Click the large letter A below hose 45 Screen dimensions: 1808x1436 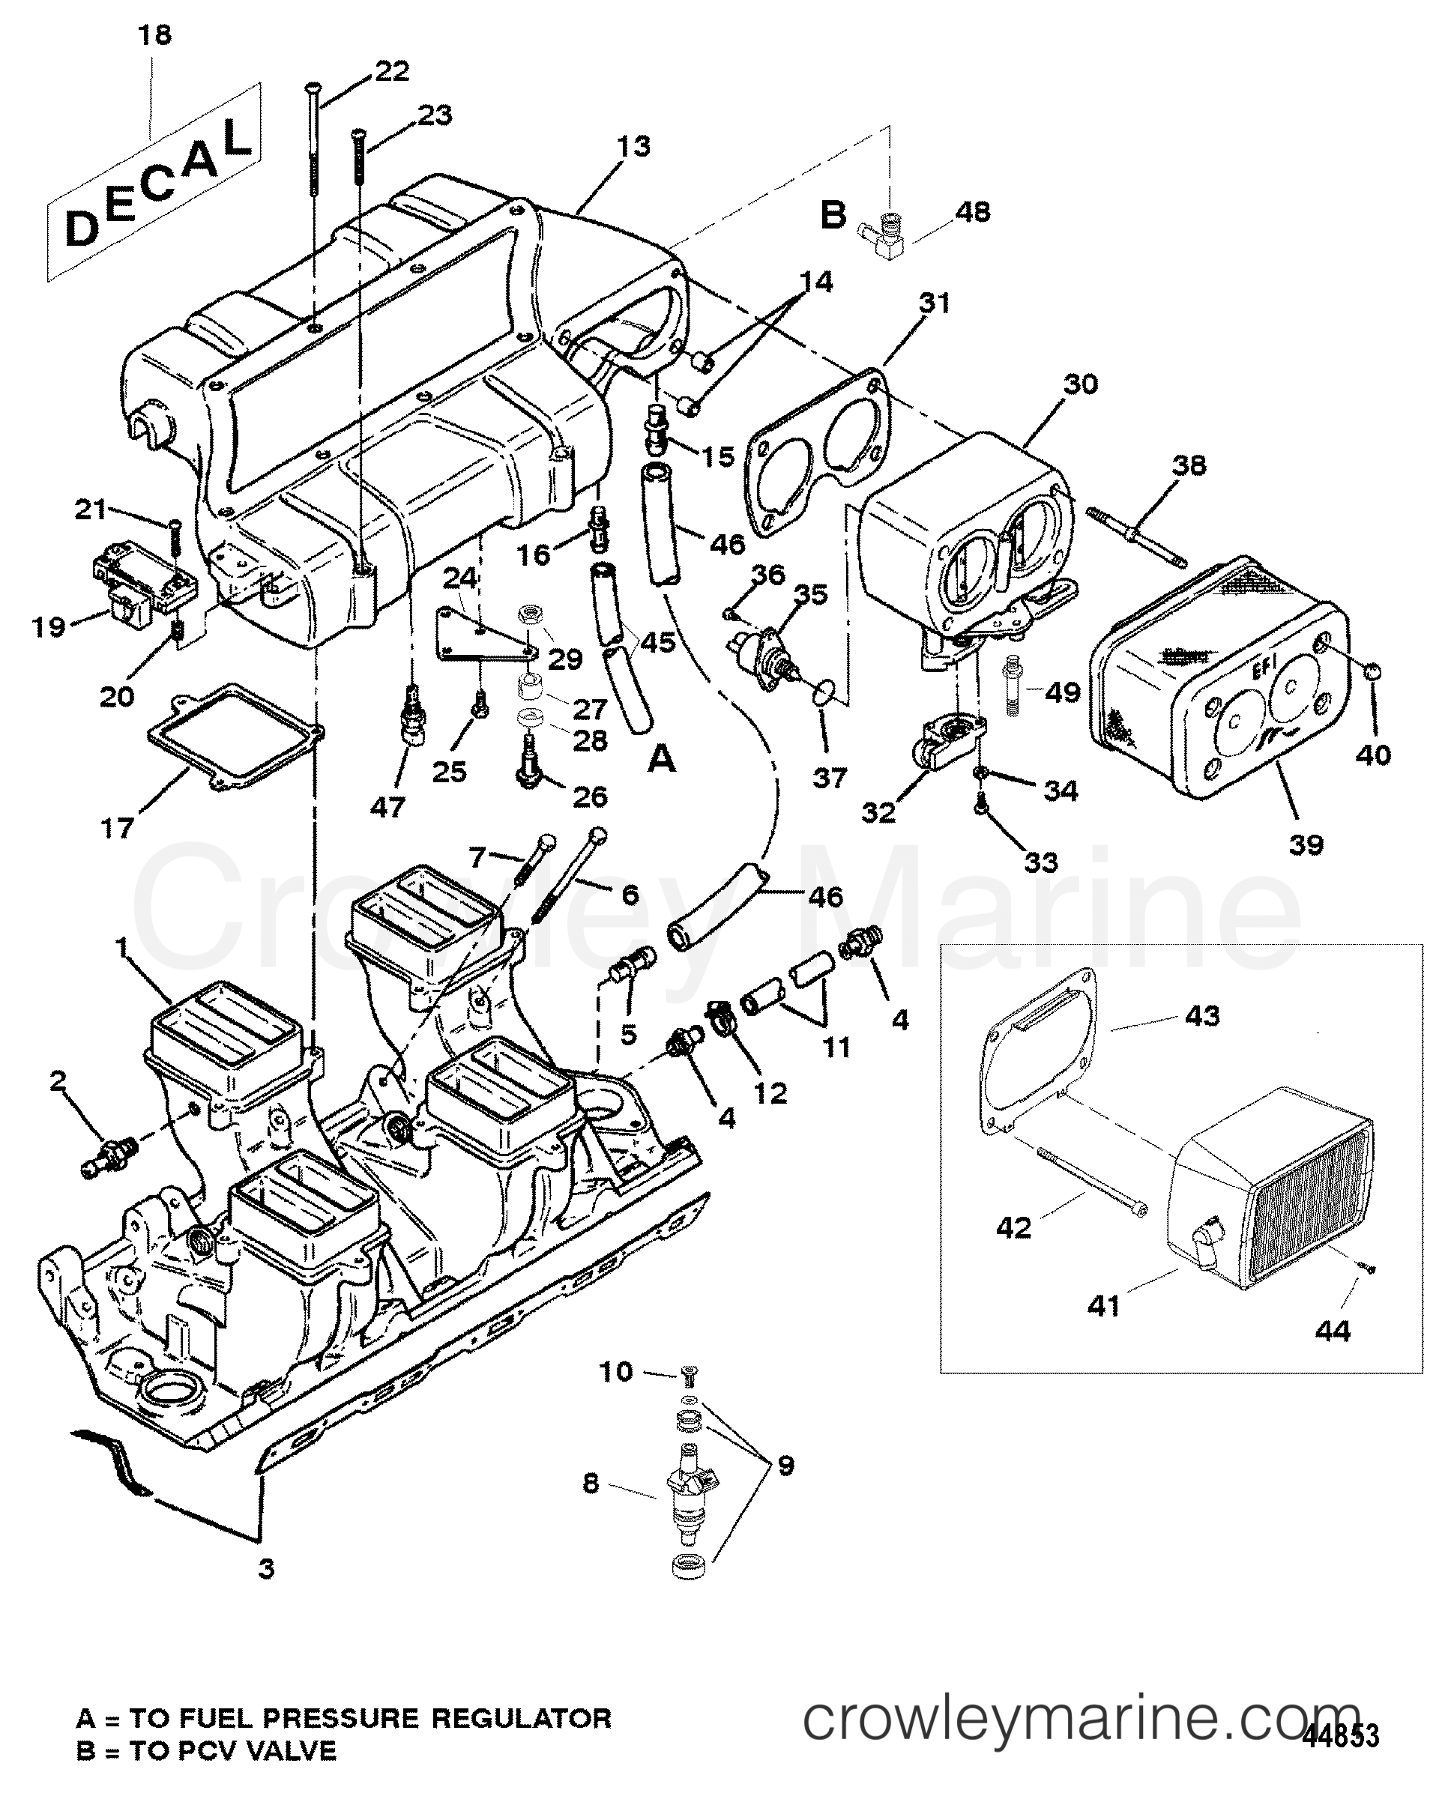(662, 759)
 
